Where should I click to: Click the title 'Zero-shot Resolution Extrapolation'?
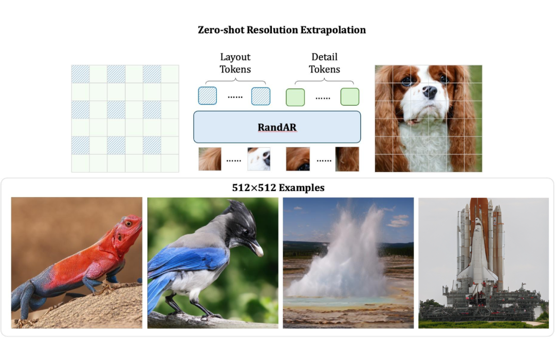pyautogui.click(x=282, y=30)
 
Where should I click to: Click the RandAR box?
pyautogui.click(x=277, y=127)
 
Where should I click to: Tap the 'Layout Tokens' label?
pyautogui.click(x=235, y=63)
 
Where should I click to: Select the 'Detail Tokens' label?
pyautogui.click(x=324, y=63)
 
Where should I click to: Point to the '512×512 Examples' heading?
pyautogui.click(x=278, y=188)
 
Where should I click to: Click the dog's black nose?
pyautogui.click(x=430, y=92)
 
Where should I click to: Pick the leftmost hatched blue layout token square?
pyautogui.click(x=208, y=96)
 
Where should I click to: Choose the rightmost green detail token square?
pyautogui.click(x=349, y=97)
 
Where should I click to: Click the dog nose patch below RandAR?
pyautogui.click(x=258, y=159)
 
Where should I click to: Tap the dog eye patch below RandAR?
pyautogui.click(x=298, y=159)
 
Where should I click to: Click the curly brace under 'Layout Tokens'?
pyautogui.click(x=235, y=81)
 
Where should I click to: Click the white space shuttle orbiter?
pyautogui.click(x=477, y=257)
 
